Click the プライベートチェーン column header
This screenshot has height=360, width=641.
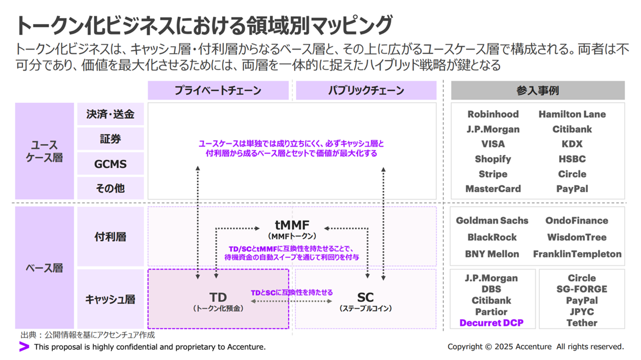point(218,91)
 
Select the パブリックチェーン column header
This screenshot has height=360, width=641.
point(366,91)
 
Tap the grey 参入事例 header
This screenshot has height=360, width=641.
point(537,91)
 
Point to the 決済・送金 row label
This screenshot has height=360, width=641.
point(111,114)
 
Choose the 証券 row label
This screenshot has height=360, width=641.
point(111,139)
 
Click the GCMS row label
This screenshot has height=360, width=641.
point(111,164)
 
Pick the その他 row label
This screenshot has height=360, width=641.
point(111,188)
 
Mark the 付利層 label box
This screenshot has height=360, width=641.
point(111,237)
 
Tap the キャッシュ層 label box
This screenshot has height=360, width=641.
point(111,299)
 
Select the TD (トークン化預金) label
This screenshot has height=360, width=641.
point(218,301)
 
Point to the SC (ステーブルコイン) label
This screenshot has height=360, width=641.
point(365,301)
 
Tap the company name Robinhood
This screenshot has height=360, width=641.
point(493,114)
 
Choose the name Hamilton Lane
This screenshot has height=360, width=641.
point(572,114)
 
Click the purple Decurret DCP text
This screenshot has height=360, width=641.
point(491,323)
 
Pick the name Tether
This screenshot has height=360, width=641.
point(582,323)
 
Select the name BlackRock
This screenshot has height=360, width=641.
point(492,237)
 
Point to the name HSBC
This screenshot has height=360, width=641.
point(572,159)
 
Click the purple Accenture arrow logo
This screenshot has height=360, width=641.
point(24,347)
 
